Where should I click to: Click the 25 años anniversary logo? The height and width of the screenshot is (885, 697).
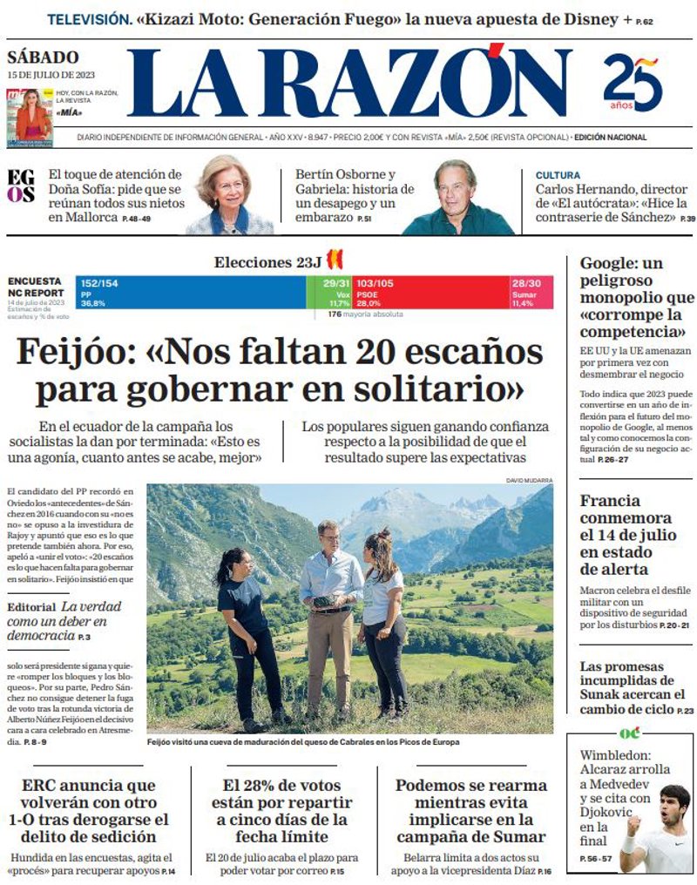633,84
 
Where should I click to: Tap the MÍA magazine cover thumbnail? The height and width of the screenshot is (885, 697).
33,115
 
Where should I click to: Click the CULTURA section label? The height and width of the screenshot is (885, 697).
558,175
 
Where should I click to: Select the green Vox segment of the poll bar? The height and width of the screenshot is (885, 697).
330,292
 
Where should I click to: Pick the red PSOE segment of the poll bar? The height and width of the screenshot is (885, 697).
430,292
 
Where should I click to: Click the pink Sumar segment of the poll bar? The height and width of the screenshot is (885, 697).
531,292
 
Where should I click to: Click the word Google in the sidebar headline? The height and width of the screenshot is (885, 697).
609,263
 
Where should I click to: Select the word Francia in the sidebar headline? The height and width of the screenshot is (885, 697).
610,501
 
